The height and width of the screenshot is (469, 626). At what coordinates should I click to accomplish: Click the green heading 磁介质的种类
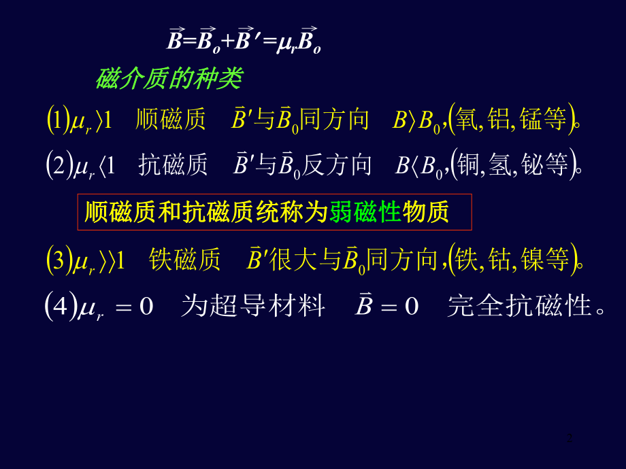(x=168, y=80)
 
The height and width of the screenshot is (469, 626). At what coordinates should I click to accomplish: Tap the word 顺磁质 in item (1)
(x=171, y=120)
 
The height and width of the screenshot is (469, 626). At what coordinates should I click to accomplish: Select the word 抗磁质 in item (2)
(x=173, y=164)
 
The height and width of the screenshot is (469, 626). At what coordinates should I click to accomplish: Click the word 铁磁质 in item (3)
(x=184, y=259)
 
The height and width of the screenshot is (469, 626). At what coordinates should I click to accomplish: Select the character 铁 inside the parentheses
(x=468, y=259)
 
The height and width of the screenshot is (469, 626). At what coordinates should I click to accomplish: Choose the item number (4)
(x=55, y=307)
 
